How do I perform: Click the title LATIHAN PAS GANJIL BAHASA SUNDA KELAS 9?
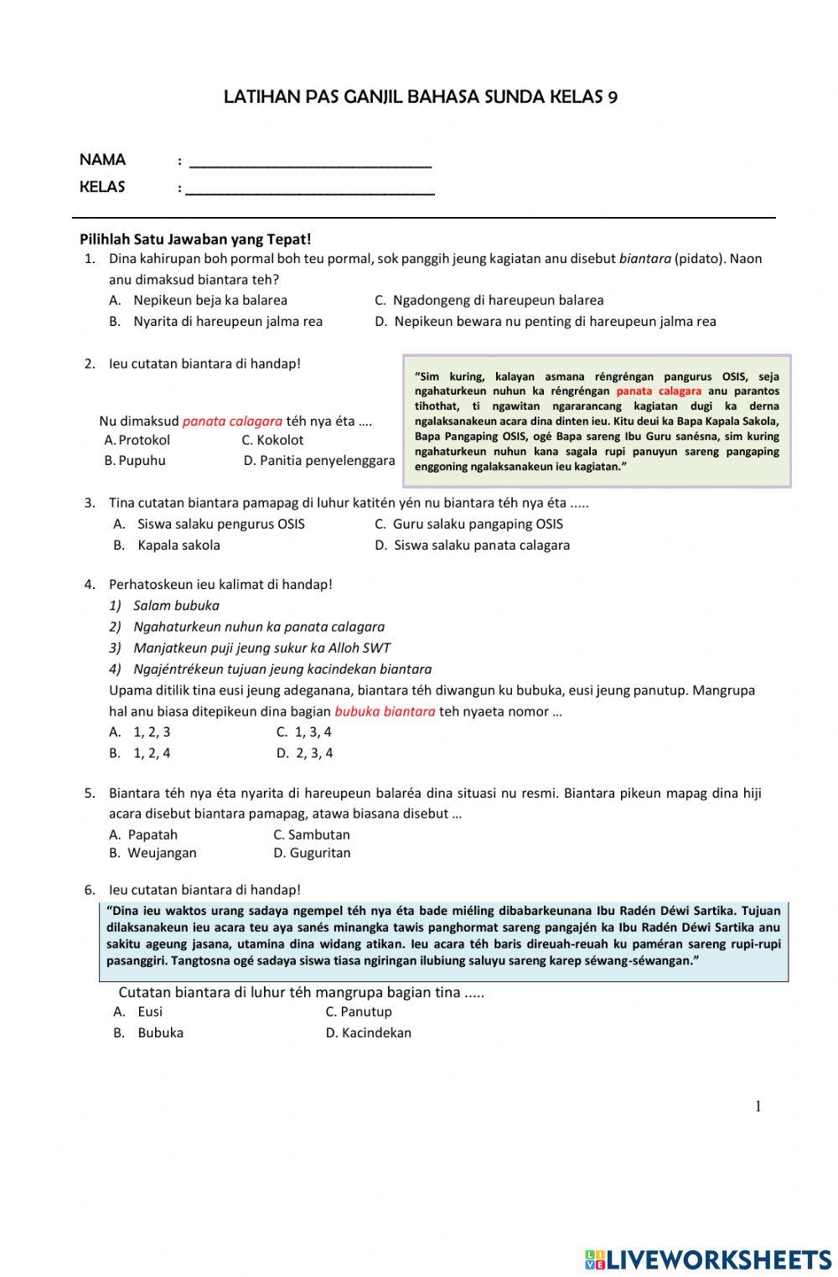pos(421,97)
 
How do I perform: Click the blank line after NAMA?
pos(310,161)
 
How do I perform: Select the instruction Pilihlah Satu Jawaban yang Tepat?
pos(195,239)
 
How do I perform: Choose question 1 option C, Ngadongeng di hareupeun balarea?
pos(489,300)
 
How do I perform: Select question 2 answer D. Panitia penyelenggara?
pos(319,460)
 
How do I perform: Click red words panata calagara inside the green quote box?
pos(659,391)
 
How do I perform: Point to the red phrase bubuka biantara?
pos(385,711)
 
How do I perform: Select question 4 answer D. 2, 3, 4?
pos(305,752)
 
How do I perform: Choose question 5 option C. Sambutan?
pos(312,835)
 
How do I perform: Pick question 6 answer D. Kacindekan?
pos(369,1032)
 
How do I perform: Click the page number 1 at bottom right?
pos(758,1106)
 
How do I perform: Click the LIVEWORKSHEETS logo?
pos(708,1259)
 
